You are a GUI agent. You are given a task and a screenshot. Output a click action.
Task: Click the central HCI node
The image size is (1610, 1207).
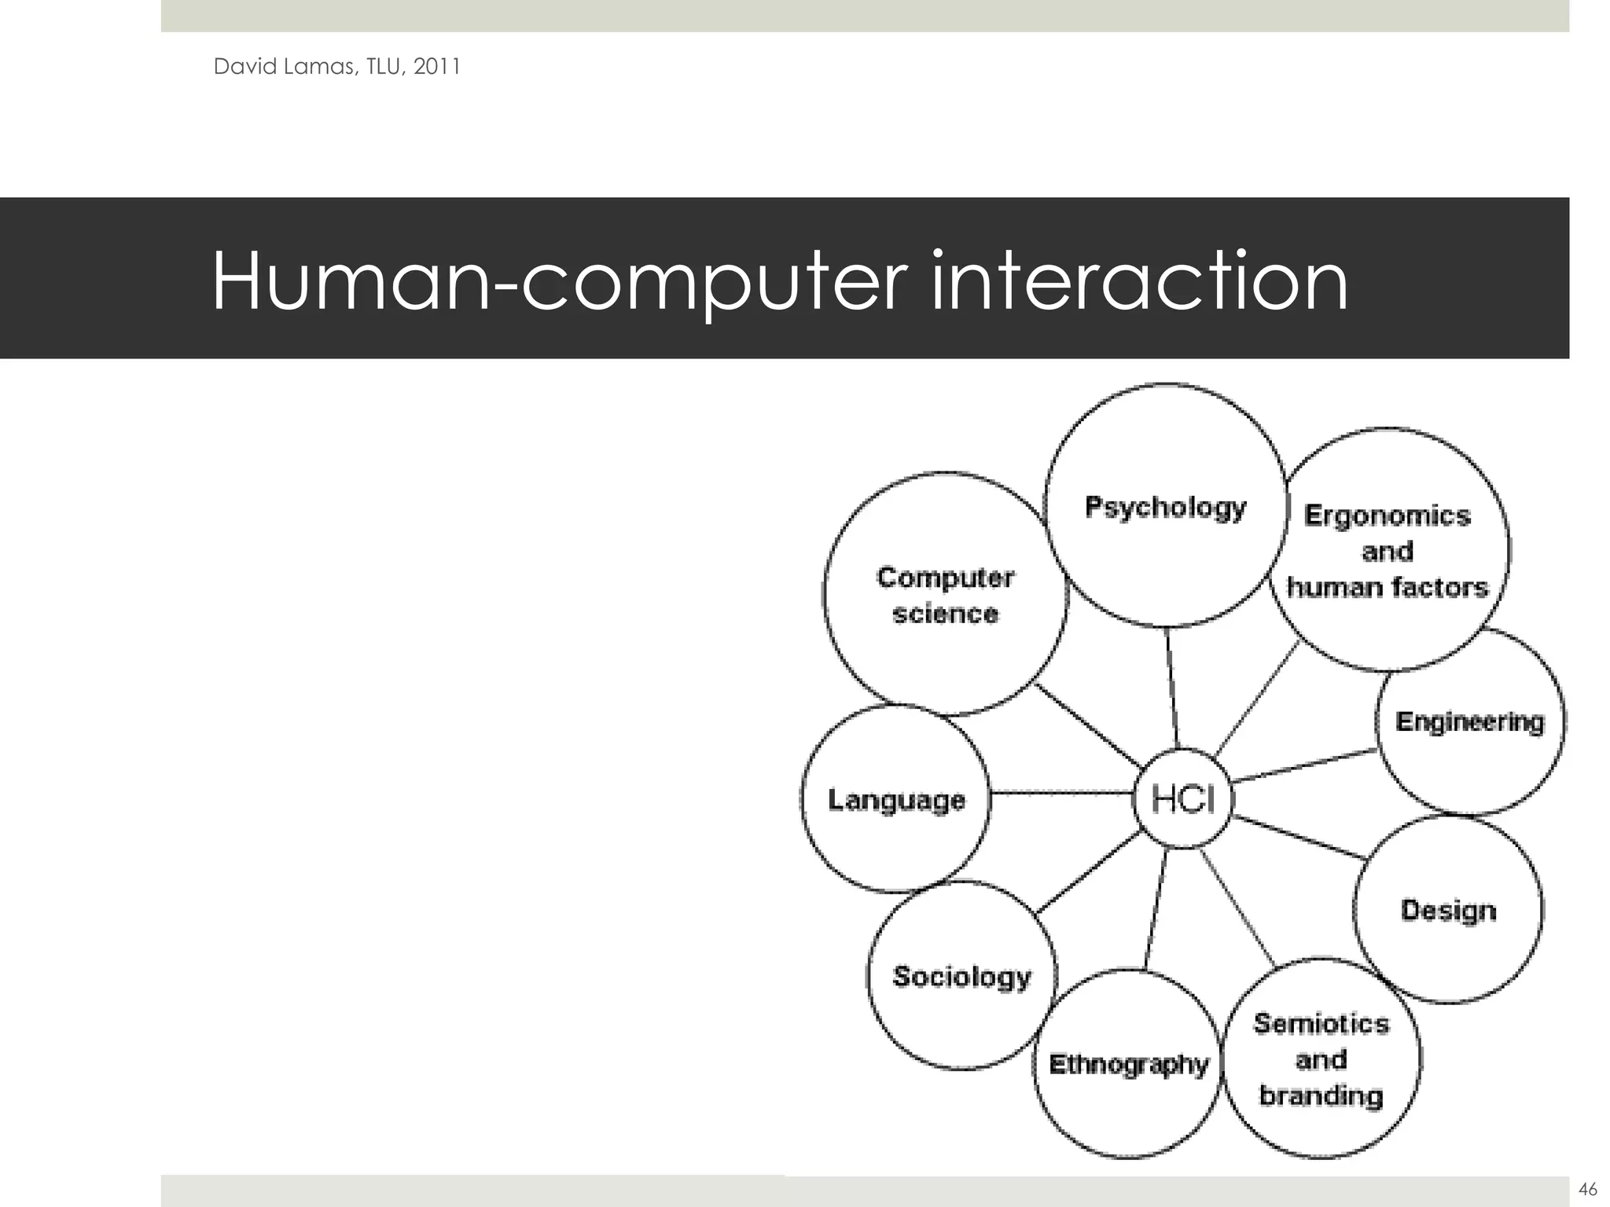[x=1183, y=800]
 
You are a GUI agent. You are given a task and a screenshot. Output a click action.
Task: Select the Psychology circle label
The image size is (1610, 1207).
[x=1165, y=507]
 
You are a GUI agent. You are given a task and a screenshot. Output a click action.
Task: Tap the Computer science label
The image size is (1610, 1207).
[x=945, y=595]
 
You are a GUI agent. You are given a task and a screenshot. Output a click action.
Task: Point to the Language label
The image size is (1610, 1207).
[x=896, y=800]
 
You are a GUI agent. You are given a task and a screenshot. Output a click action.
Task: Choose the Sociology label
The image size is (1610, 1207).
[x=961, y=976]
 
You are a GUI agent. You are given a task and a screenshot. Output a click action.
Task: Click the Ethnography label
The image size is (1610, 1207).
[x=1128, y=1064]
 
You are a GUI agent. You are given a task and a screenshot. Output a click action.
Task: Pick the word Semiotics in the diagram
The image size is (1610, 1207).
[x=1321, y=1023]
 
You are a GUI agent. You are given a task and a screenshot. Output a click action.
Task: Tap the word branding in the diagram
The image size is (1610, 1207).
[x=1321, y=1095]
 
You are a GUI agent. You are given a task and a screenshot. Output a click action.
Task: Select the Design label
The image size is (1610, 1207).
[x=1448, y=910]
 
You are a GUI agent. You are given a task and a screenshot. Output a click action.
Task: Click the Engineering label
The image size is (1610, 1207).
[x=1469, y=721]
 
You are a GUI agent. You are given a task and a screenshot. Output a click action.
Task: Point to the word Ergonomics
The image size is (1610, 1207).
[x=1387, y=515]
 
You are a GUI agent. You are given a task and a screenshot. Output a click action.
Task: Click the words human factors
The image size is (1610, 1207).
[x=1388, y=587]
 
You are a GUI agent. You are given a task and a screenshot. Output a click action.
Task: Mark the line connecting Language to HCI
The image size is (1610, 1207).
[x=1061, y=793]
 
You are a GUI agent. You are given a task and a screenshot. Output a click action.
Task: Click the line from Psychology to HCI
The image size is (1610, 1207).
[x=1172, y=688]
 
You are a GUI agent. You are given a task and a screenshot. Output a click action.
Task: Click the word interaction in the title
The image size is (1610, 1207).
[x=1139, y=281]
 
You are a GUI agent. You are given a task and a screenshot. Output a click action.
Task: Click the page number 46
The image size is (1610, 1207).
[x=1587, y=1188]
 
